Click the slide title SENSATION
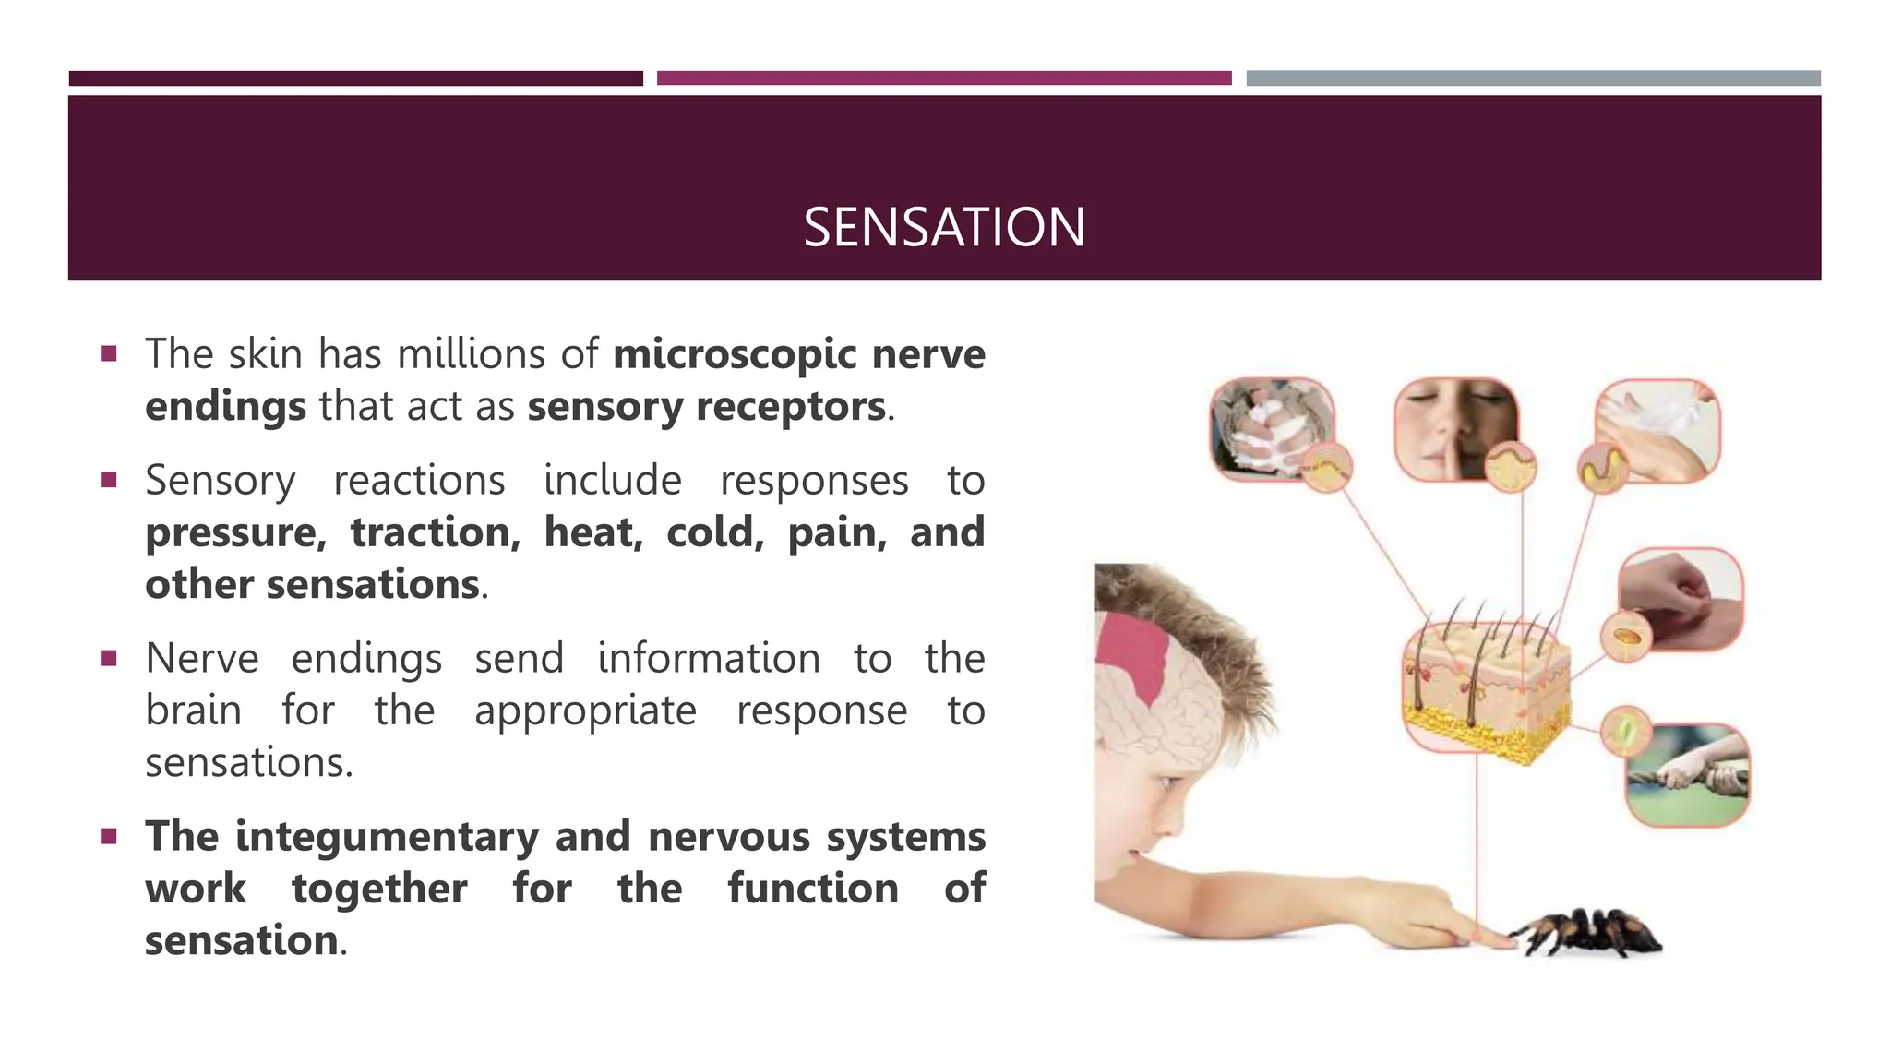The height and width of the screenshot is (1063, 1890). [944, 227]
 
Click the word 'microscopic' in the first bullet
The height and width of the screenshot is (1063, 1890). [735, 354]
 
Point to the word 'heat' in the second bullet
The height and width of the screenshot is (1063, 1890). [592, 532]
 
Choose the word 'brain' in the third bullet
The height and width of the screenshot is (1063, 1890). [194, 711]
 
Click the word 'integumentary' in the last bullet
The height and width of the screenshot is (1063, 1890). [387, 837]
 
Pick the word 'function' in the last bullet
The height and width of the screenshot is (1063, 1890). [812, 889]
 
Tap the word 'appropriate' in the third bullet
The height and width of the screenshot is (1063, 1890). [585, 711]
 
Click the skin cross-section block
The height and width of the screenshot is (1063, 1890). [1486, 687]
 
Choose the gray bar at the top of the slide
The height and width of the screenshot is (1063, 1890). [1533, 78]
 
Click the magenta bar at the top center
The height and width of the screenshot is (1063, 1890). [944, 78]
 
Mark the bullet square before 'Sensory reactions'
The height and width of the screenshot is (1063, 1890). [109, 480]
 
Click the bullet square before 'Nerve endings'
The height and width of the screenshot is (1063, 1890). [109, 658]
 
